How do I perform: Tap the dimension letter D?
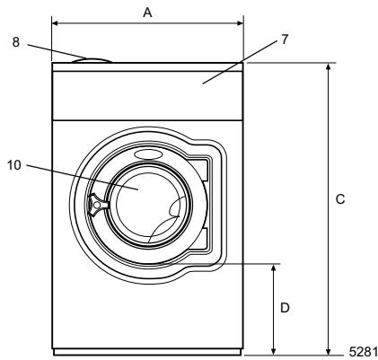point(285,308)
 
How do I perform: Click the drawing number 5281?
point(362,352)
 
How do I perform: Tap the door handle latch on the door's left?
point(95,206)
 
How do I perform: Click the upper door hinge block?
point(204,170)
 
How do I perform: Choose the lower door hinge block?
point(204,238)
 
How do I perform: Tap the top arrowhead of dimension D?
point(272,268)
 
